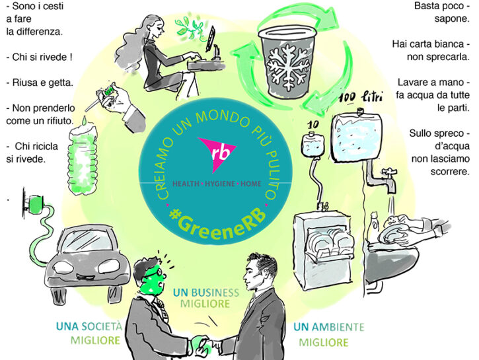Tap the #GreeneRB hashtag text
point(217,223)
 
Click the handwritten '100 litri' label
point(361,98)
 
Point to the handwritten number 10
point(313,125)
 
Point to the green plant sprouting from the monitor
point(190,28)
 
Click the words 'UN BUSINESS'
point(206,293)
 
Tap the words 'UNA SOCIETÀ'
point(89,326)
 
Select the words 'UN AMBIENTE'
point(329,327)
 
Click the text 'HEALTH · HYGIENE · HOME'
point(217,184)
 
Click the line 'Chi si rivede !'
point(40,57)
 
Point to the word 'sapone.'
point(452,18)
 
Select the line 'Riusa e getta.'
point(40,83)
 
